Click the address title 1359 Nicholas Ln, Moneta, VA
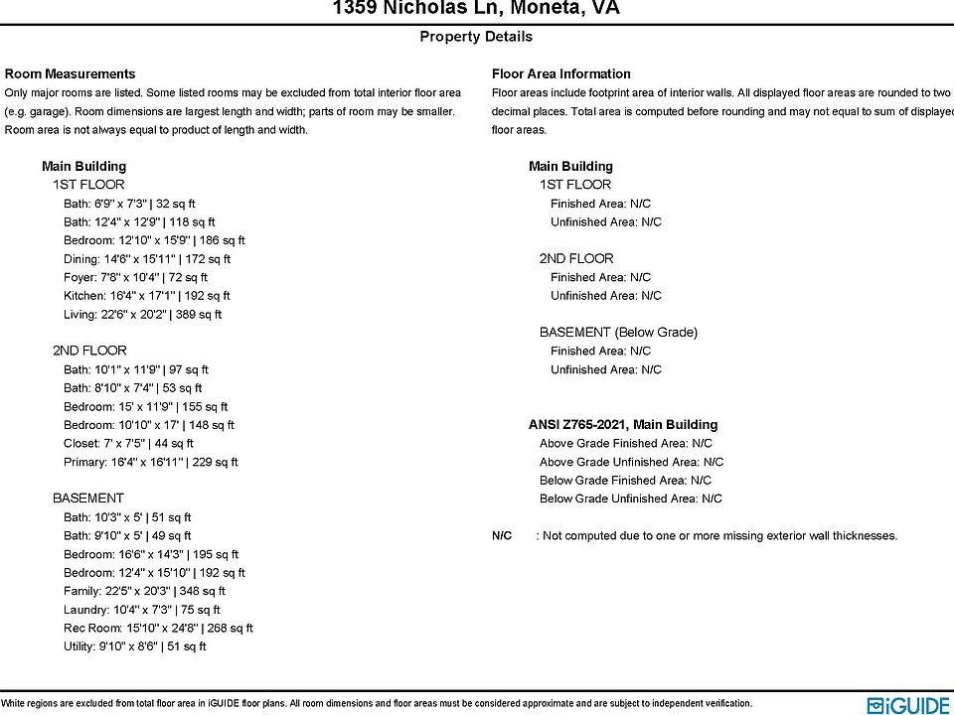click(x=476, y=9)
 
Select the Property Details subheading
click(x=476, y=37)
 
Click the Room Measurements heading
click(x=70, y=73)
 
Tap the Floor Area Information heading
click(x=560, y=73)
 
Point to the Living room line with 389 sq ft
click(x=142, y=315)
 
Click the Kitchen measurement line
click(x=146, y=296)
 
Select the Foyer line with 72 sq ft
click(x=135, y=278)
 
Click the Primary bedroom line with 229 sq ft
click(x=150, y=463)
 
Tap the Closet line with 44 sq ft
click(x=128, y=444)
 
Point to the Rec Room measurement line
click(x=158, y=629)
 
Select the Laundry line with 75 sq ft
click(x=142, y=611)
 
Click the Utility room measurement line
click(x=134, y=647)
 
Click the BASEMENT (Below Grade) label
click(x=618, y=333)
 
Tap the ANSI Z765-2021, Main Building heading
click(x=623, y=425)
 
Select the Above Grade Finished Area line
click(x=625, y=444)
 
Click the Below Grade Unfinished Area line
click(x=630, y=500)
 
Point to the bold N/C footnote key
click(x=502, y=536)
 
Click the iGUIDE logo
click(x=908, y=703)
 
